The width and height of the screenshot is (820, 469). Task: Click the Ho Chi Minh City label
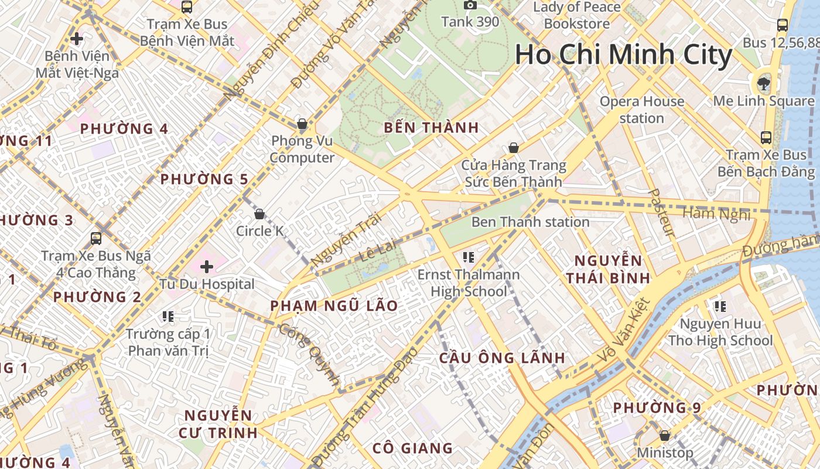623,55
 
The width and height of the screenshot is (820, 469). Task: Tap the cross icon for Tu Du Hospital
206,267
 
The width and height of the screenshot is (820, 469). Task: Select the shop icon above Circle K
259,214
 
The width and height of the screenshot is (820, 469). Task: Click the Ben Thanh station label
530,222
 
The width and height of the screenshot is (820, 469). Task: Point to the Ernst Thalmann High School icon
468,256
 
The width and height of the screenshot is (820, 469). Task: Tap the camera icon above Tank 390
470,5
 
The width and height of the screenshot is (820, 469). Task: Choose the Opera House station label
641,110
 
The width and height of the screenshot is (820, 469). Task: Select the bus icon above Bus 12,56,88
782,25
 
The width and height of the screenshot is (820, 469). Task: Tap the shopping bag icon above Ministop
664,436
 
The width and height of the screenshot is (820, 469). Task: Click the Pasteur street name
663,212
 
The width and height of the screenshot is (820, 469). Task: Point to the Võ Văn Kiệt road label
626,329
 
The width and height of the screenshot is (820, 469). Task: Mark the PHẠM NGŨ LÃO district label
334,306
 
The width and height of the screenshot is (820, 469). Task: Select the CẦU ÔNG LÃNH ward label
502,358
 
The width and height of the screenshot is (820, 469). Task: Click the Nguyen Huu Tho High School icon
720,305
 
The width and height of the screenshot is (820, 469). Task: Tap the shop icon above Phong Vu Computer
302,124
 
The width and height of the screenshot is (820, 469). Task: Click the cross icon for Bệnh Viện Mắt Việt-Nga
76,39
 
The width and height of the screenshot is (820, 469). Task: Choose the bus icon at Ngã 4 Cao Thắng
95,239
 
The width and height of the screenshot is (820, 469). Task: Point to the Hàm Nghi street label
716,215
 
